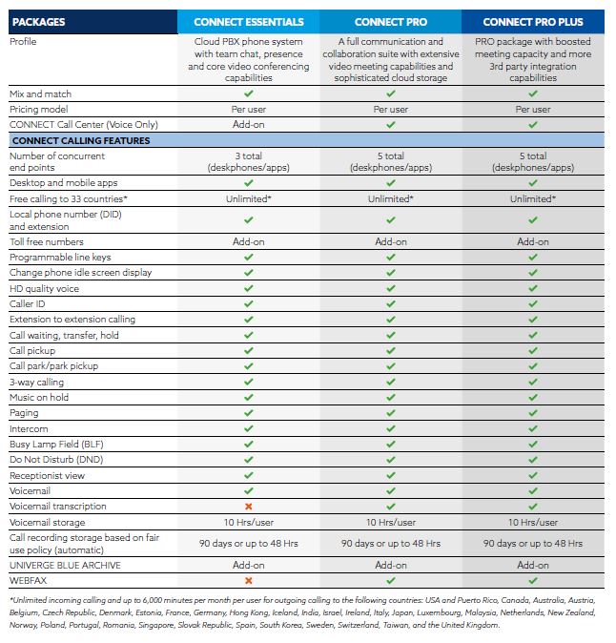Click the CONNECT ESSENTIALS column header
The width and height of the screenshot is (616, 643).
tap(248, 22)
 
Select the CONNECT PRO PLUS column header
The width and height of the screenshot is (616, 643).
tap(533, 22)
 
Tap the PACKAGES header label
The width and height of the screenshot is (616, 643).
tap(40, 22)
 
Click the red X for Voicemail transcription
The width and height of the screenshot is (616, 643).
tap(248, 507)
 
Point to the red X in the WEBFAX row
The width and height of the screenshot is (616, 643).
tap(248, 580)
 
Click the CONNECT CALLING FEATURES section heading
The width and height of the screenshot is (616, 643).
tap(80, 140)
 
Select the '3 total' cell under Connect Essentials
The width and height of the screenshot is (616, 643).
tap(248, 156)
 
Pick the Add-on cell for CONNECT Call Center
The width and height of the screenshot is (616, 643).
tap(248, 125)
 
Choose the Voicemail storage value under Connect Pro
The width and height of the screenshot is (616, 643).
tap(391, 523)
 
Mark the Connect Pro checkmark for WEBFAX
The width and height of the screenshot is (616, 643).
tap(391, 580)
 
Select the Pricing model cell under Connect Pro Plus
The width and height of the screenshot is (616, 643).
tap(533, 110)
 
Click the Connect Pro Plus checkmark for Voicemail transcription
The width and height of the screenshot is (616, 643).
tap(533, 507)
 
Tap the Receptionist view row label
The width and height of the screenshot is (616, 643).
tap(48, 475)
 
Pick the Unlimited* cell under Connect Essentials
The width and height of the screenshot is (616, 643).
tap(248, 198)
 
